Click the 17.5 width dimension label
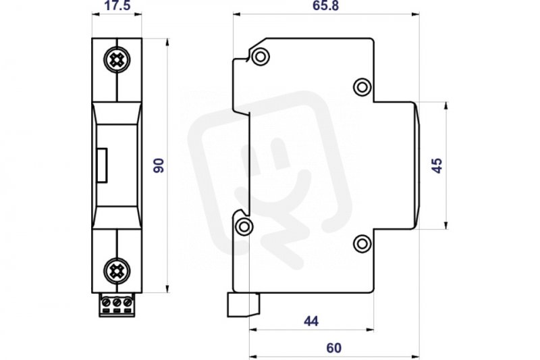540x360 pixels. [117, 5]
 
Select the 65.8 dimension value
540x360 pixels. [325, 5]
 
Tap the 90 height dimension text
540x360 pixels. [159, 165]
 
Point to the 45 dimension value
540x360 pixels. [437, 165]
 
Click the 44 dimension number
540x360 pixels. [311, 321]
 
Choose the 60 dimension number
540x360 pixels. [333, 348]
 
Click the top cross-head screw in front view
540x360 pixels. [117, 60]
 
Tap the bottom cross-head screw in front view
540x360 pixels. [117, 271]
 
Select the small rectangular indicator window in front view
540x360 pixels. [102, 165]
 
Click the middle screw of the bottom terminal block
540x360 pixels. [117, 303]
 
